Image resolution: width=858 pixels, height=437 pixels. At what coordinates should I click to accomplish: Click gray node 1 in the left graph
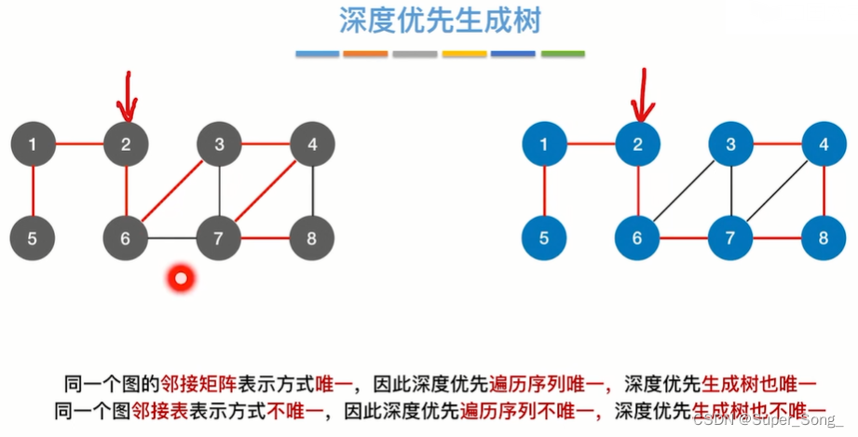coord(33,144)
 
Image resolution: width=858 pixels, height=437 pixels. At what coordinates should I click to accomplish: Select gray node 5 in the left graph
coord(33,238)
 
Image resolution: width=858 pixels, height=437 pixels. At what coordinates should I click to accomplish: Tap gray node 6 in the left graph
coord(126,238)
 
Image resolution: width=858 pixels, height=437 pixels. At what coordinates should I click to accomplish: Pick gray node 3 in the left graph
coord(219,144)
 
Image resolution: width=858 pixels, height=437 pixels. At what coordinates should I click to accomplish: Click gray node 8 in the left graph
coord(311,238)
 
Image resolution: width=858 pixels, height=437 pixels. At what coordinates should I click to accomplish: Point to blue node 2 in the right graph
coord(638,144)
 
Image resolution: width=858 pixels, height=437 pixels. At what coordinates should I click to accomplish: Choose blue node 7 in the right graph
coord(731,238)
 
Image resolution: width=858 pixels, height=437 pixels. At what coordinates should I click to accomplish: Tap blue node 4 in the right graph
coord(824,144)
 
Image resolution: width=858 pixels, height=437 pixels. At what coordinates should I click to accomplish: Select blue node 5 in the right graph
coord(545,238)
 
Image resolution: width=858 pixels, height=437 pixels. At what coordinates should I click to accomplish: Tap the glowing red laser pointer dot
coord(180,277)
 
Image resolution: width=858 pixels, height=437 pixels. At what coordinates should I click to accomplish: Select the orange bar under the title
coord(365,54)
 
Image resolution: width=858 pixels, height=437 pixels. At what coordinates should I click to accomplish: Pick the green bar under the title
coord(563,54)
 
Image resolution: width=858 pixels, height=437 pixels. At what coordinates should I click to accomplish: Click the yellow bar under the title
coord(464,54)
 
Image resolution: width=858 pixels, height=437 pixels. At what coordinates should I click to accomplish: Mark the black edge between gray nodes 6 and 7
coord(172,239)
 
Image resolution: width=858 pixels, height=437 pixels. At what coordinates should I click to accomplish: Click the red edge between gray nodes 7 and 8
coord(266,239)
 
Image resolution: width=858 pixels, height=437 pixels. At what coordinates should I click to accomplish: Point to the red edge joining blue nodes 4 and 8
coord(824,191)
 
